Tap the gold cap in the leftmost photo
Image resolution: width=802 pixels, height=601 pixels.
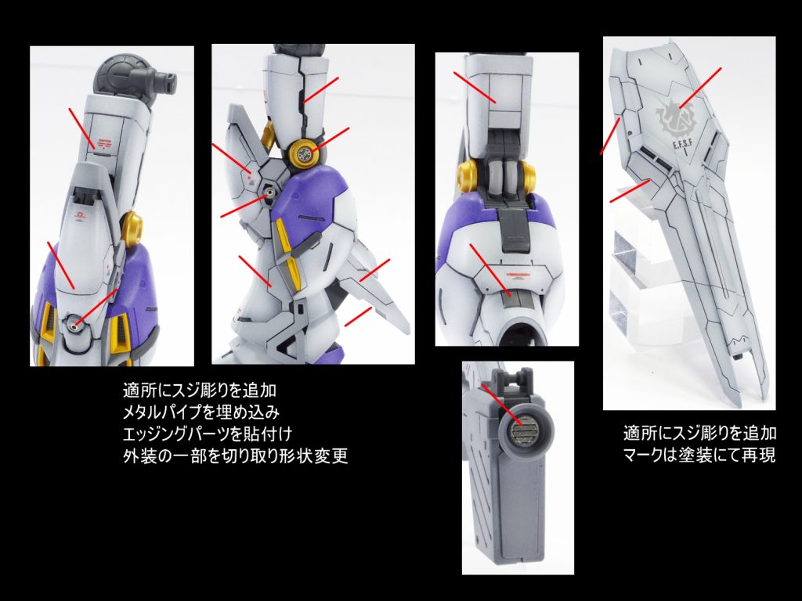pos(132,225)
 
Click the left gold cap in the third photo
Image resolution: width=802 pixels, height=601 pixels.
pos(468,172)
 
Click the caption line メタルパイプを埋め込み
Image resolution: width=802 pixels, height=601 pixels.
pos(201,412)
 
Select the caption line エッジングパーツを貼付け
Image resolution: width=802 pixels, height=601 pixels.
pos(207,434)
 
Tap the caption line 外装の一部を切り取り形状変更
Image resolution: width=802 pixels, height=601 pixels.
pos(235,455)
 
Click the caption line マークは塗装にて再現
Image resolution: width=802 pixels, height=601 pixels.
pos(699,455)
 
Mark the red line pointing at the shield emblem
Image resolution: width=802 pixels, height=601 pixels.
pos(700,88)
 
